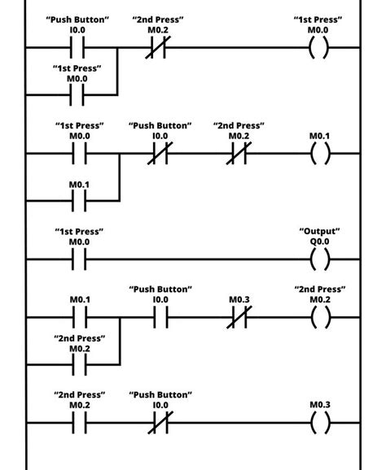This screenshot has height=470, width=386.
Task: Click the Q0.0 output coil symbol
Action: point(320,259)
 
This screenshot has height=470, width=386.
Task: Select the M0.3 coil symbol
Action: point(320,423)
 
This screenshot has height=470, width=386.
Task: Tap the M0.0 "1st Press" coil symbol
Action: point(320,48)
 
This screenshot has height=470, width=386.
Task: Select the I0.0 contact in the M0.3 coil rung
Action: point(160,423)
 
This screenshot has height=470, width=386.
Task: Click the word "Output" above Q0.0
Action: point(320,232)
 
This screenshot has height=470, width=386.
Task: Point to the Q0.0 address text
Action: point(320,242)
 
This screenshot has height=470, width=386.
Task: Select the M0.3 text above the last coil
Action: point(320,404)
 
